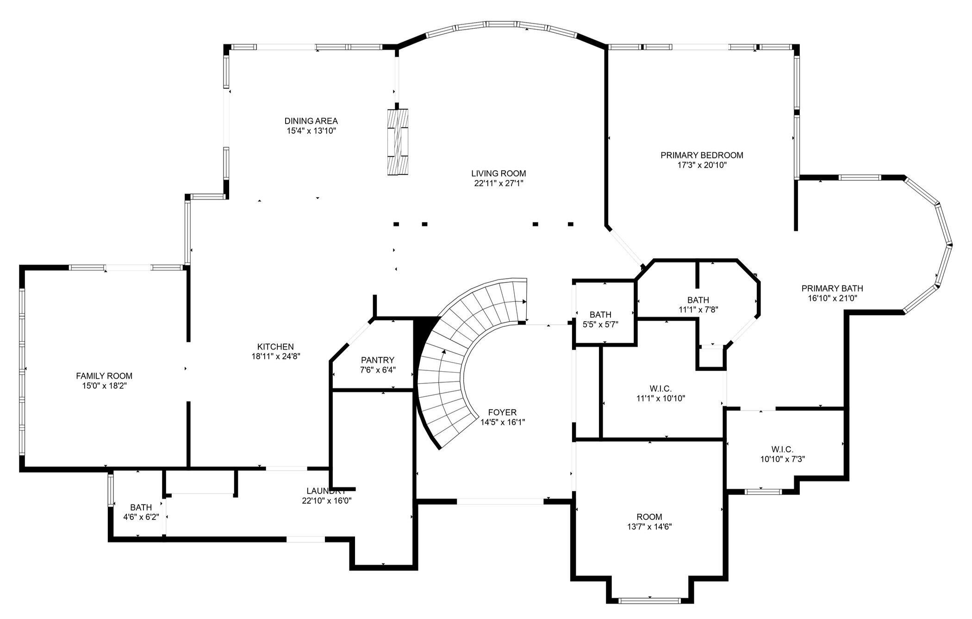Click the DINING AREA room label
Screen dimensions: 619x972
(311, 121)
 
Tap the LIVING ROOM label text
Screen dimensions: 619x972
(498, 174)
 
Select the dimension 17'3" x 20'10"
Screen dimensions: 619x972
(702, 165)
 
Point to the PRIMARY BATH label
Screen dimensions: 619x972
(832, 288)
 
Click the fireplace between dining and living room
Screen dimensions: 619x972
(398, 142)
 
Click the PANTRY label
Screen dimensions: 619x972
(378, 360)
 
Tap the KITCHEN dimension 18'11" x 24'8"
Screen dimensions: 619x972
(275, 356)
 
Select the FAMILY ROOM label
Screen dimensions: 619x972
(104, 376)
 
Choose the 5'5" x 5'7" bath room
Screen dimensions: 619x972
(600, 319)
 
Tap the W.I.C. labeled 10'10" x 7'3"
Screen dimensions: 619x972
(782, 454)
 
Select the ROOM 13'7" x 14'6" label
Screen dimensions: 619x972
(649, 517)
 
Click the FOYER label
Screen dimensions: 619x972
(502, 413)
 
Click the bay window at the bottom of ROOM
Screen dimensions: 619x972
(649, 601)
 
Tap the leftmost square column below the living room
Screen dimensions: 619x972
(396, 224)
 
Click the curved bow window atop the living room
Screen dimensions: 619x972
(502, 25)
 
